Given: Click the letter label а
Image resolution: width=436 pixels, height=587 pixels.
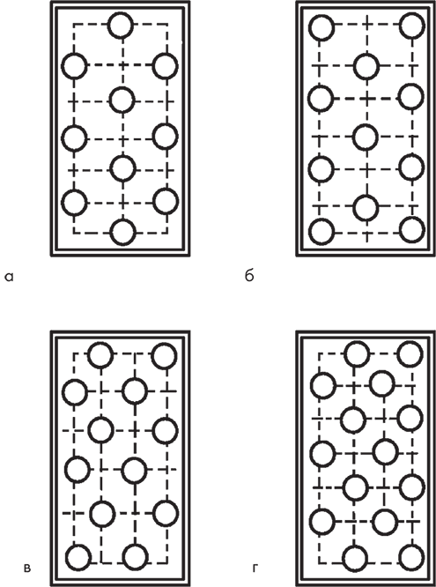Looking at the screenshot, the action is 10,277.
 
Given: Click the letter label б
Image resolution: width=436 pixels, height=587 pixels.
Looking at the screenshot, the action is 249,275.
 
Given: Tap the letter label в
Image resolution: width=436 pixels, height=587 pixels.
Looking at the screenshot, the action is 27,569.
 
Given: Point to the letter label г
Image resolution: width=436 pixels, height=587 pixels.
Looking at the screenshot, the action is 255,569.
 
